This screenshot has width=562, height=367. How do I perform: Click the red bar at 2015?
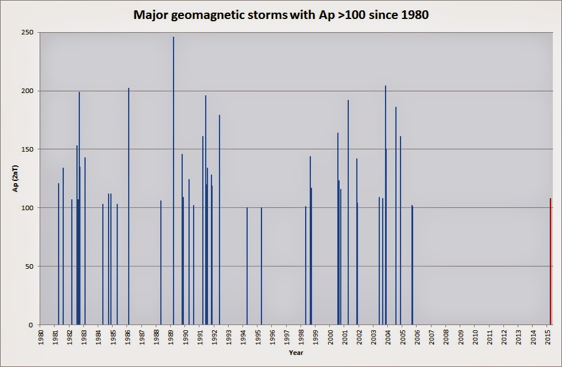pos(550,261)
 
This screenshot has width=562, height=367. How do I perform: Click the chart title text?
pos(281,14)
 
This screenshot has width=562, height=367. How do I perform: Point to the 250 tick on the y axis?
pos(27,32)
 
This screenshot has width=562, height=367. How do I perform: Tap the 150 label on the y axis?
pos(27,149)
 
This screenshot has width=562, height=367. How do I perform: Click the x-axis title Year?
pos(296,353)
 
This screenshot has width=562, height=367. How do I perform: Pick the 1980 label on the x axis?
pos(40,336)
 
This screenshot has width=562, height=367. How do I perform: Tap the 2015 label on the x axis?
pos(548,336)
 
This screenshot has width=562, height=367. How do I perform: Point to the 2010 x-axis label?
pos(475,336)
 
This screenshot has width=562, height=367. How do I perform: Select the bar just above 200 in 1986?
pos(129,207)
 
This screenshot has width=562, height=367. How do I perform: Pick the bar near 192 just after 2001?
pos(348,213)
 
